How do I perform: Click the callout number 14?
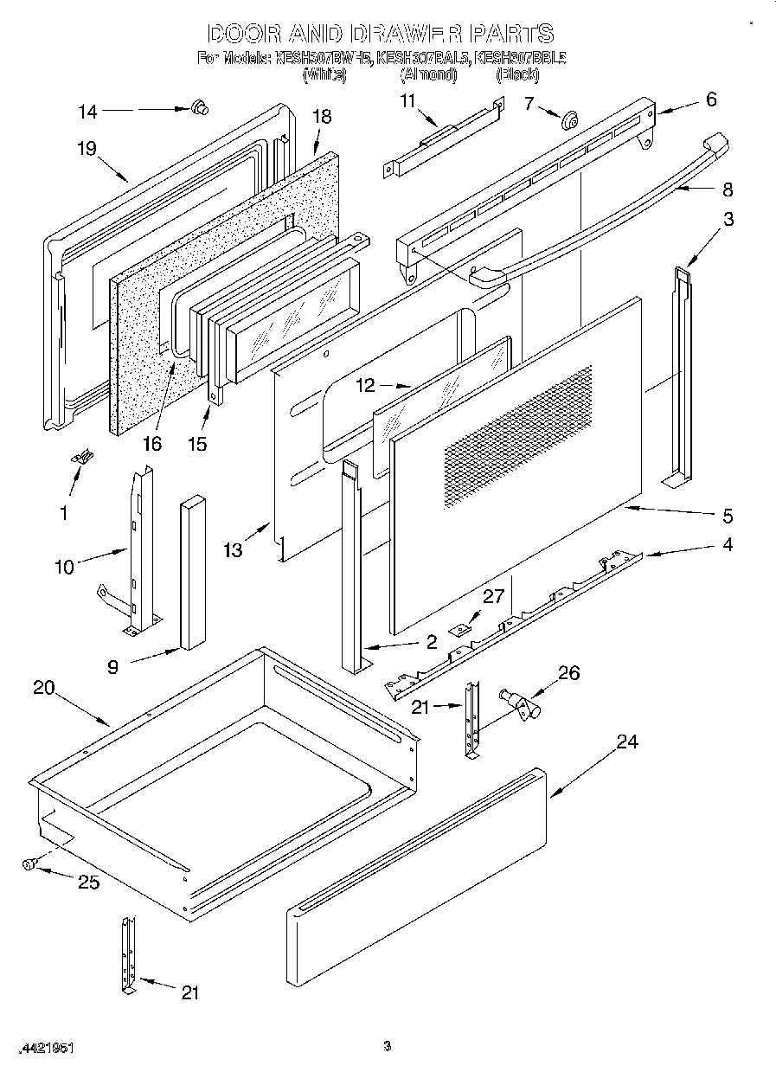88,111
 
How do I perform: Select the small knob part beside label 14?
201,108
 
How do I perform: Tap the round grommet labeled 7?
569,120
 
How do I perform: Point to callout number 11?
407,101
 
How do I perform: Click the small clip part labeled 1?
85,458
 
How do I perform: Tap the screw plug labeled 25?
29,863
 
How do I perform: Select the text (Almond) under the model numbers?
427,75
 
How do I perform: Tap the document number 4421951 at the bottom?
45,1048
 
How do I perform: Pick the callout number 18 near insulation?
321,117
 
